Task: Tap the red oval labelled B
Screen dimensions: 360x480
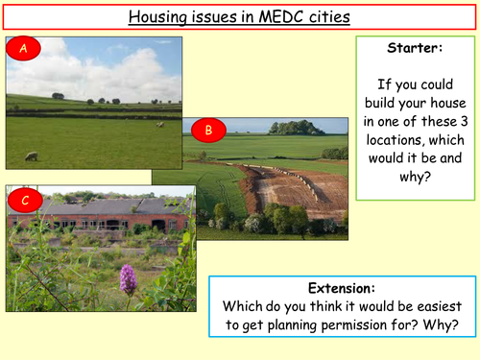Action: coord(209,130)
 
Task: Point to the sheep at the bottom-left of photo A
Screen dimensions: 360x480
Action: coord(32,156)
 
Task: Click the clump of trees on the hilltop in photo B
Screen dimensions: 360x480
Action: coord(296,128)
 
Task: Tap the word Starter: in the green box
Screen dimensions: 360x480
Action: coord(414,47)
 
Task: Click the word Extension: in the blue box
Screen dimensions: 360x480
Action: coord(343,288)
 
